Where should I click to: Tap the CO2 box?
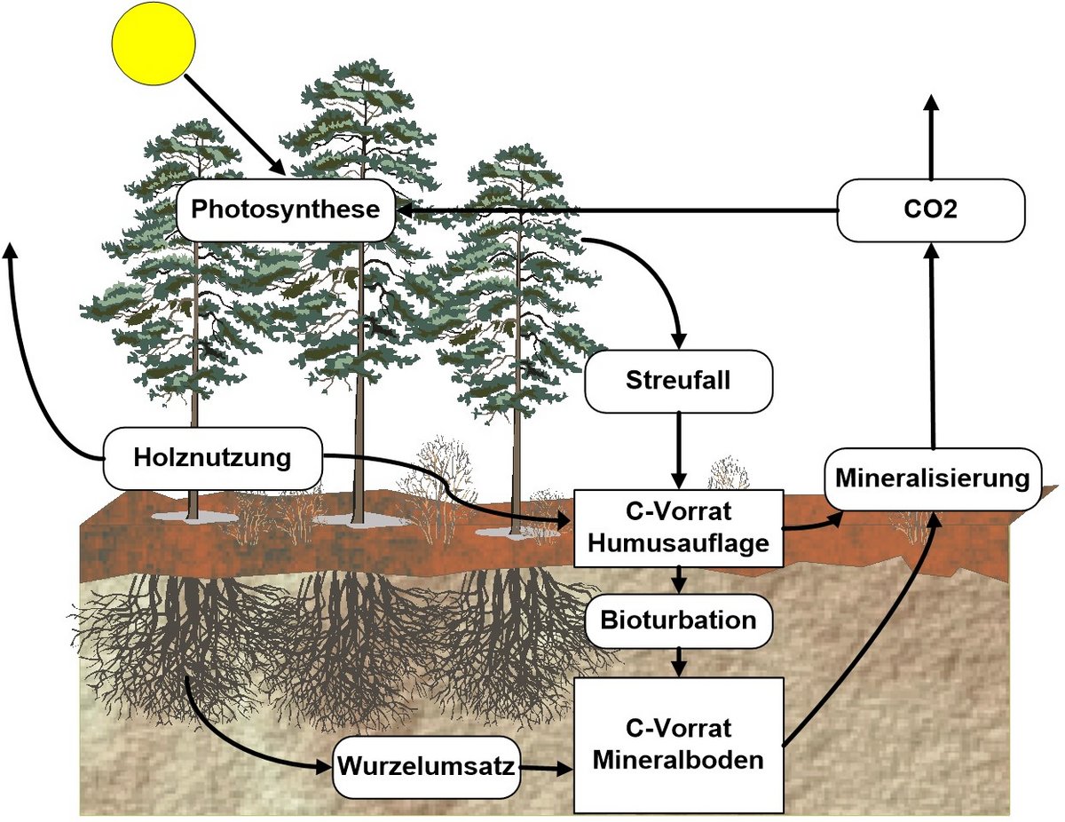click(x=931, y=210)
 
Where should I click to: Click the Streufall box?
click(x=678, y=381)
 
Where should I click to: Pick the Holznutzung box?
click(x=213, y=458)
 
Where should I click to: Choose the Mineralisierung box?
click(x=932, y=479)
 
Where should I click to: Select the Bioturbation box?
click(x=679, y=620)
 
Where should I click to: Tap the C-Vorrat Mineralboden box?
click(x=679, y=745)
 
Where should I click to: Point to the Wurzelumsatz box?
click(x=425, y=766)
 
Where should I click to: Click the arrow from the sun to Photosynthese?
click(x=234, y=124)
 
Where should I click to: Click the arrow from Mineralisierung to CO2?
click(x=931, y=346)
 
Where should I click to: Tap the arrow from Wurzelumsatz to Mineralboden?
click(x=546, y=767)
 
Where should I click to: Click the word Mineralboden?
click(x=679, y=760)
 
